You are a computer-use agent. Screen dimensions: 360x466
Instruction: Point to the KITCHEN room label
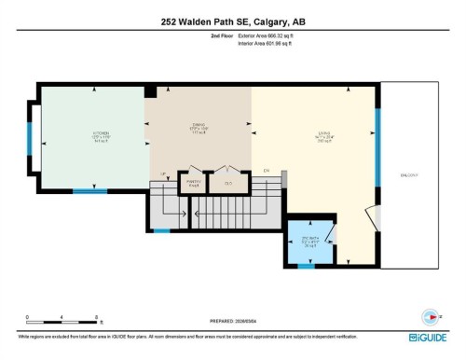103,134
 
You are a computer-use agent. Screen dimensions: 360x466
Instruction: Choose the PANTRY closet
194,183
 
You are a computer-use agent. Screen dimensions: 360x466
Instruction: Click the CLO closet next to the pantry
228,184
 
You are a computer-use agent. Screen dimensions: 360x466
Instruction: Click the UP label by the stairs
162,174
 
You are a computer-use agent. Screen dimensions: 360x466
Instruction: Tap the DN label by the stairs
267,171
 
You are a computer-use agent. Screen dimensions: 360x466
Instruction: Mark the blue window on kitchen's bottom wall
90,192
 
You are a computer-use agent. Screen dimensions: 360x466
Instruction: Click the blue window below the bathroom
305,266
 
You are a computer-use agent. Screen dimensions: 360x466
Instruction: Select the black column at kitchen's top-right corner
150,91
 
